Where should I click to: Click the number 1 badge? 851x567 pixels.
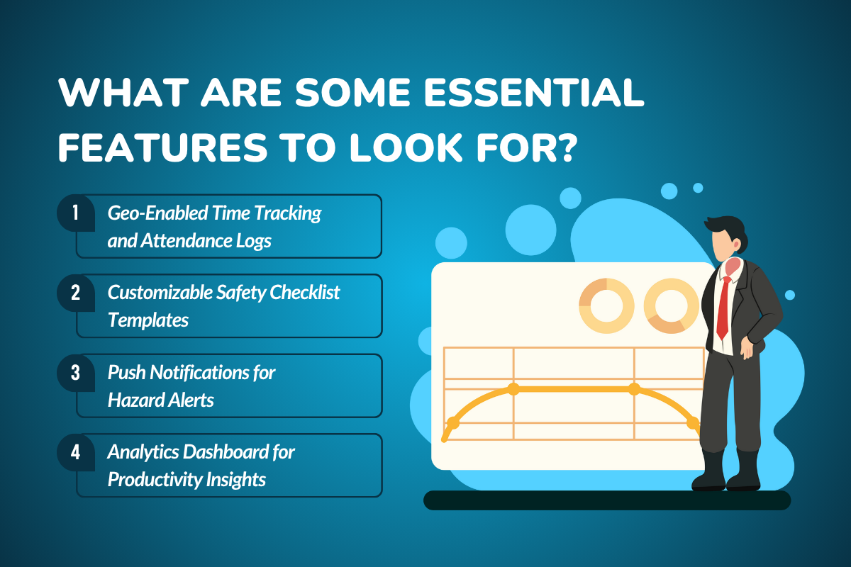[75, 213]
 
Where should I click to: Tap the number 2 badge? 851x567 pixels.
[75, 293]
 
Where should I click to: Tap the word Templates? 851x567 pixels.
[148, 320]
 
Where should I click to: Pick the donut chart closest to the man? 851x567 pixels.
[672, 305]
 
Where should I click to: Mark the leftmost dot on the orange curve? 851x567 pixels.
[452, 423]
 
